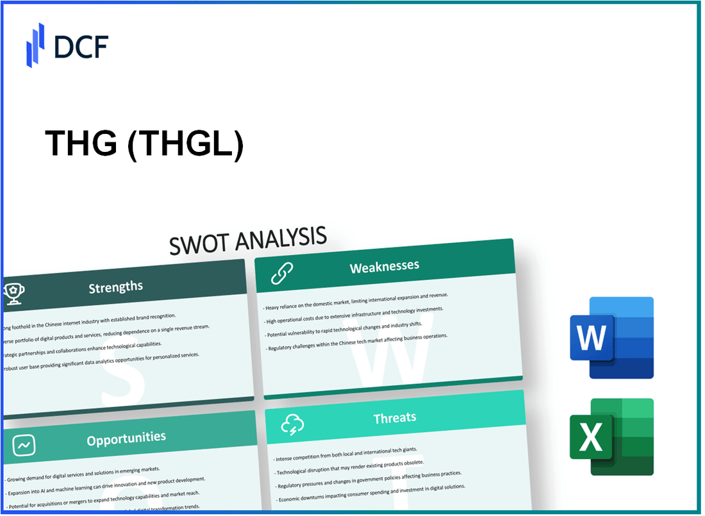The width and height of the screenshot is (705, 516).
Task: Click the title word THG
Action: (81, 146)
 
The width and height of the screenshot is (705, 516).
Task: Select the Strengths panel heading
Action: (115, 287)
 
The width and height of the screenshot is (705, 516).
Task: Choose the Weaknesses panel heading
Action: (384, 267)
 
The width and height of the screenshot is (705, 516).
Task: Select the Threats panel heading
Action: (394, 418)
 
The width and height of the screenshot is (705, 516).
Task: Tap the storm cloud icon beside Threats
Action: (292, 424)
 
